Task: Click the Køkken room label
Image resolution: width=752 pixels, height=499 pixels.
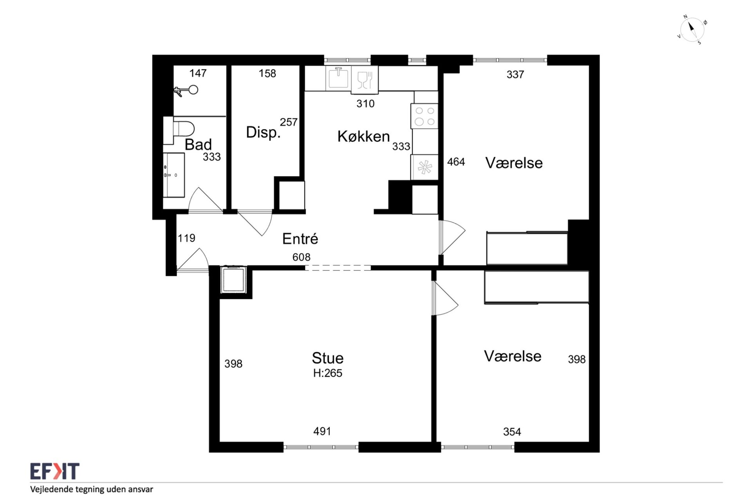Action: (x=363, y=136)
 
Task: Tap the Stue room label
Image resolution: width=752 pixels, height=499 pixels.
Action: (x=327, y=358)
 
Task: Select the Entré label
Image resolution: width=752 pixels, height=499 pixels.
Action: (x=300, y=238)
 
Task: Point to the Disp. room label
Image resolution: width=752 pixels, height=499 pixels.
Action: (x=263, y=132)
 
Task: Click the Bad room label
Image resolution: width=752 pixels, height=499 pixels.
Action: (x=198, y=144)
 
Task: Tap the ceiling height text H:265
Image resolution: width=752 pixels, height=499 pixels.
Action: (x=327, y=373)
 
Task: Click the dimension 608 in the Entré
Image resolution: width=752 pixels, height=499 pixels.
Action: (x=301, y=257)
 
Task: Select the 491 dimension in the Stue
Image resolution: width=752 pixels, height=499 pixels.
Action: (x=322, y=431)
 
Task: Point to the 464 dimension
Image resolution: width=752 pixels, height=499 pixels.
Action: (x=456, y=162)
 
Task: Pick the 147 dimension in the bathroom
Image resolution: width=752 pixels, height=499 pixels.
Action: (x=198, y=73)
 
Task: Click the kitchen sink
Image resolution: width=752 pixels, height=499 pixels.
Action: (x=338, y=78)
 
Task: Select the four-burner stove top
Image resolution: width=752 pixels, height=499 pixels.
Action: (x=424, y=116)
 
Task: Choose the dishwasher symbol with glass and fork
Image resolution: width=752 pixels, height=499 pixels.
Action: (x=365, y=80)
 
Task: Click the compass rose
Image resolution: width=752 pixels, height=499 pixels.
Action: (x=692, y=30)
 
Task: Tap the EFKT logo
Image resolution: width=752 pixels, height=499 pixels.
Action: (x=55, y=471)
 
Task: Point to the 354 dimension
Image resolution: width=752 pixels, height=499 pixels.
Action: (x=512, y=432)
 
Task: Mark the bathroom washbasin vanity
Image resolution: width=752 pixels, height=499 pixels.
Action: (x=174, y=175)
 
